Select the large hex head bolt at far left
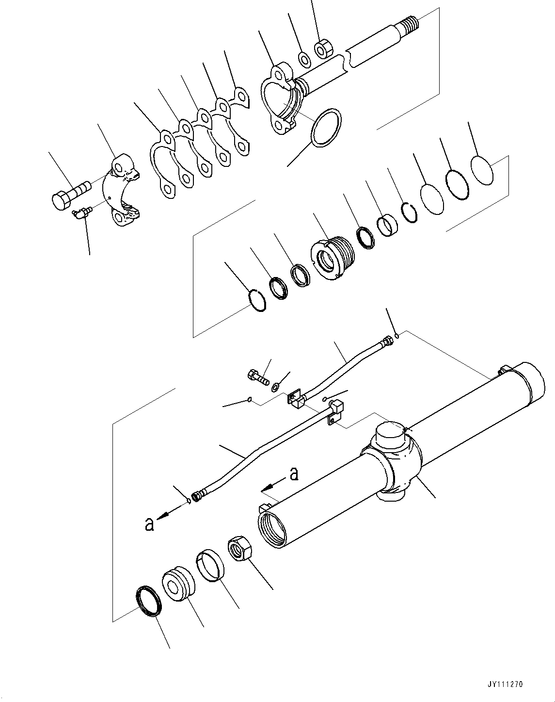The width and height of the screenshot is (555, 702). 69,195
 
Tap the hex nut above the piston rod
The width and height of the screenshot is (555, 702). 323,49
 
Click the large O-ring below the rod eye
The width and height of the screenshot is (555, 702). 326,128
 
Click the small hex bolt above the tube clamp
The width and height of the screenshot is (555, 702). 258,376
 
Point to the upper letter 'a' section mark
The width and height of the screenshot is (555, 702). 294,473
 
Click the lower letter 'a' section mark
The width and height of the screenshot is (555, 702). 150,524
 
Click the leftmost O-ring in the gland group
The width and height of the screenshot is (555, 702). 256,300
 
